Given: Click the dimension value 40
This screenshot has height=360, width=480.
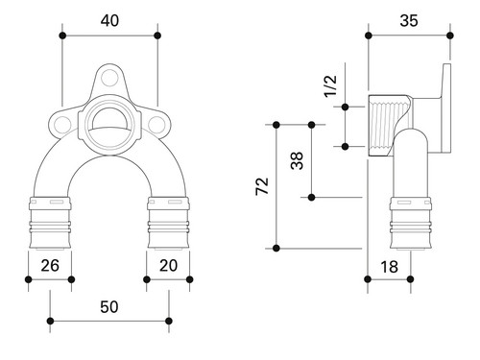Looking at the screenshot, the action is click(109, 21).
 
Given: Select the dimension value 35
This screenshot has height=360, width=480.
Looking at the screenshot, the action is click(409, 21).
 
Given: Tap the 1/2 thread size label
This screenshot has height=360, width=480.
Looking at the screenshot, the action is click(330, 85).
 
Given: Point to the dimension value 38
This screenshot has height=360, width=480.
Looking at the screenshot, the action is click(297, 160).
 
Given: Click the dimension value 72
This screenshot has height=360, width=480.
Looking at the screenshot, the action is click(262, 186).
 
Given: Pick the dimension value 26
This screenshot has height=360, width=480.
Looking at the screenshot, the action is click(50, 266).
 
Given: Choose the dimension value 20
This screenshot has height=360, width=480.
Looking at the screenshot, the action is click(168, 266).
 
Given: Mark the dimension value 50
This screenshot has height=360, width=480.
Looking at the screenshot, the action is click(109, 307).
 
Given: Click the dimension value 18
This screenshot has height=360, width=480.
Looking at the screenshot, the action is click(389, 267).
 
